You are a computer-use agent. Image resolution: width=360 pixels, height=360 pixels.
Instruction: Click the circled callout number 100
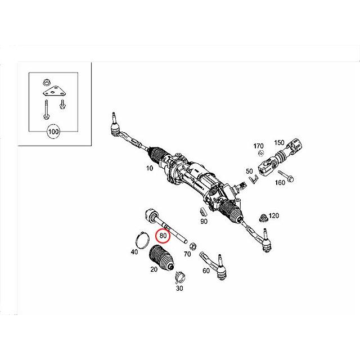coord(54,133)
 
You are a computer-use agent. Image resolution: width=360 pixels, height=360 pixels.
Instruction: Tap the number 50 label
coord(249,171)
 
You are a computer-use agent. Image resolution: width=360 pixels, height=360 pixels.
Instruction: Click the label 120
coord(274,215)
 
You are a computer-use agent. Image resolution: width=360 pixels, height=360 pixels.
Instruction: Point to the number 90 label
coord(204,222)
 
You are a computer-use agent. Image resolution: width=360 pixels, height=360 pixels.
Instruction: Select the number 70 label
coord(187,254)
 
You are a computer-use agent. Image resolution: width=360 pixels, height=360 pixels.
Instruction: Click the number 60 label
coord(206,271)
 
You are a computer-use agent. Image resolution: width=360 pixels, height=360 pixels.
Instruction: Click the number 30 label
coord(180,288)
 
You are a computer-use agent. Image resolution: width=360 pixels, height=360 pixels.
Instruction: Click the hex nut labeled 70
coord(191,245)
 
